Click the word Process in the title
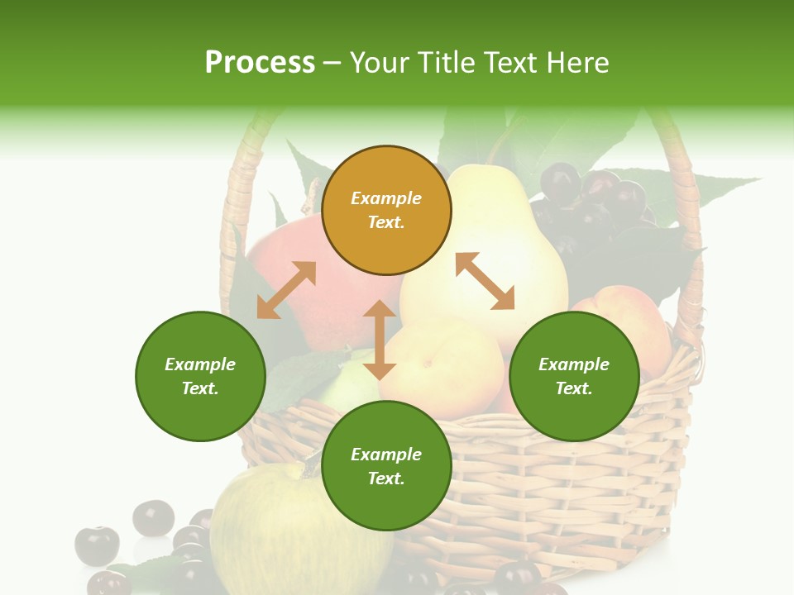pyautogui.click(x=259, y=63)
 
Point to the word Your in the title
pyautogui.click(x=379, y=63)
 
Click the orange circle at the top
pyautogui.click(x=386, y=211)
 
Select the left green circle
pyautogui.click(x=200, y=376)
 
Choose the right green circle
pyautogui.click(x=574, y=376)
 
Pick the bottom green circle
pyautogui.click(x=386, y=465)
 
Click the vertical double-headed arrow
pyautogui.click(x=380, y=340)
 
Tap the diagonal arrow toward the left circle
pyautogui.click(x=286, y=290)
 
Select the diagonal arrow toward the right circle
pyautogui.click(x=485, y=281)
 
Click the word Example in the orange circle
pyautogui.click(x=386, y=198)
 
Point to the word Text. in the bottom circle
pyautogui.click(x=386, y=478)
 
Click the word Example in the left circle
pyautogui.click(x=200, y=364)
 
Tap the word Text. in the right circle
pyautogui.click(x=574, y=388)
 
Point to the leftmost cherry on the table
pyautogui.click(x=97, y=545)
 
